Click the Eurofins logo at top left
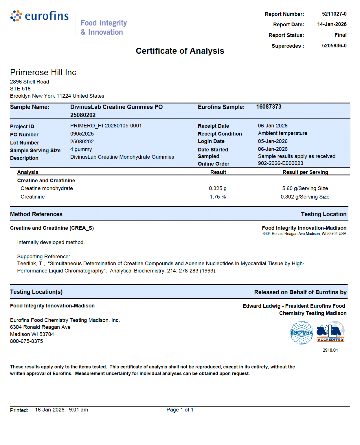pyautogui.click(x=40, y=16)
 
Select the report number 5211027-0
pyautogui.click(x=334, y=14)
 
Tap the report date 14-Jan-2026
pyautogui.click(x=332, y=24)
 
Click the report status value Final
pyautogui.click(x=340, y=35)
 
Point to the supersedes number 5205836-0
pyautogui.click(x=334, y=46)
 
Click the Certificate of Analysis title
pyautogui.click(x=180, y=51)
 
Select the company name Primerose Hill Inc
pyautogui.click(x=43, y=72)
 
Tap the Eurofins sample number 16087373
pyautogui.click(x=269, y=107)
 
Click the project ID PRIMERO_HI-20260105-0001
pyautogui.click(x=106, y=126)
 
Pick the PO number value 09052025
pyautogui.click(x=82, y=134)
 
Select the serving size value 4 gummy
pyautogui.click(x=81, y=149)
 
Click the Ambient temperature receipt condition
pyautogui.click(x=282, y=133)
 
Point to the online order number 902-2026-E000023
pyautogui.click(x=280, y=163)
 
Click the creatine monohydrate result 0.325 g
pyautogui.click(x=218, y=188)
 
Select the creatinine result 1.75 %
pyautogui.click(x=218, y=197)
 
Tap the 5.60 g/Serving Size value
pyautogui.click(x=305, y=188)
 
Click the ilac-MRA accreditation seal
pyautogui.click(x=302, y=333)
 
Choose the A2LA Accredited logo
pyautogui.click(x=330, y=332)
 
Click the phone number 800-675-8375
pyautogui.click(x=26, y=341)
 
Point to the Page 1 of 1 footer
pyautogui.click(x=180, y=410)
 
